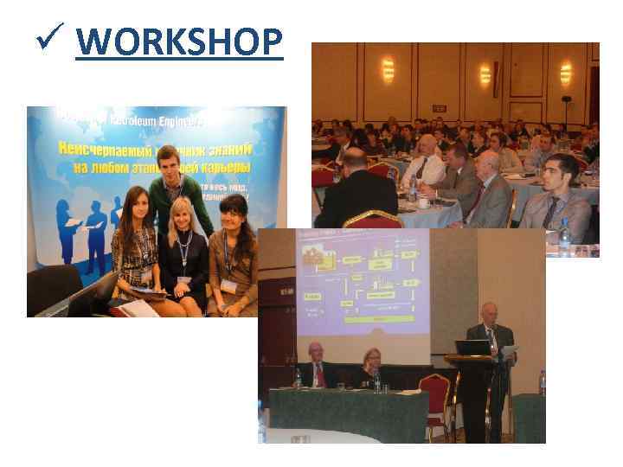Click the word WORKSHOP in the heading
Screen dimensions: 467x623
click(179, 41)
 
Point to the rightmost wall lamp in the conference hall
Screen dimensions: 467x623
click(566, 71)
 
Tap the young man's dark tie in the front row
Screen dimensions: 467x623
click(550, 211)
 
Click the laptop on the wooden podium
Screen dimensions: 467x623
click(473, 348)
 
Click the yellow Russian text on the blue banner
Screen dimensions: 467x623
click(156, 157)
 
